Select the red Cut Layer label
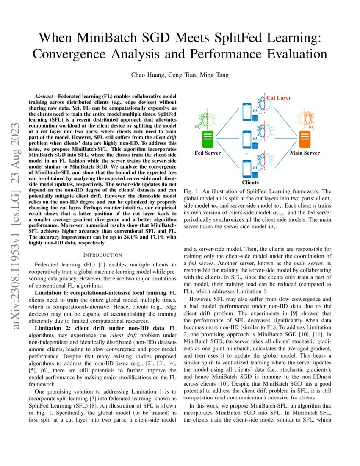pos(278,98)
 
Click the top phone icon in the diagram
pos(247,112)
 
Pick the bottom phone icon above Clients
pos(247,168)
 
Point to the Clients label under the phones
pos(250,183)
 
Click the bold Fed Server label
pos(208,153)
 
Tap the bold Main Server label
pos(305,153)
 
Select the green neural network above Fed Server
pos(207,119)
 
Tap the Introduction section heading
pos(103,255)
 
